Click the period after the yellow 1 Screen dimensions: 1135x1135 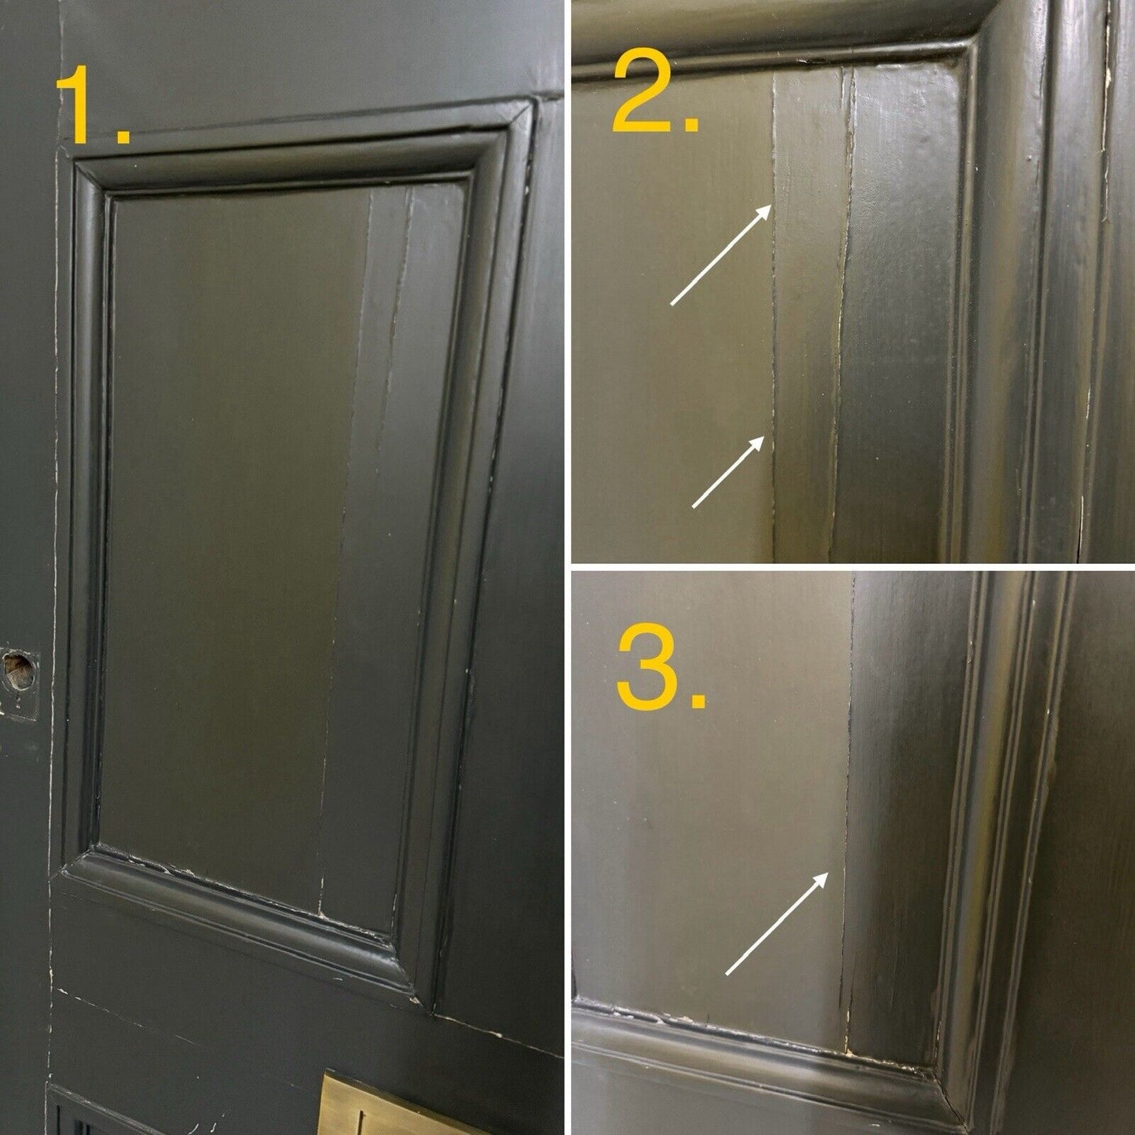[x=123, y=134]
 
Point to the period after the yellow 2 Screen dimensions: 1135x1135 [x=691, y=124]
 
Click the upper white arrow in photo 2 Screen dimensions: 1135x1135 [x=722, y=254]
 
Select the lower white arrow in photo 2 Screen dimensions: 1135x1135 [x=729, y=471]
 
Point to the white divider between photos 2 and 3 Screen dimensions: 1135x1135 [x=852, y=567]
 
